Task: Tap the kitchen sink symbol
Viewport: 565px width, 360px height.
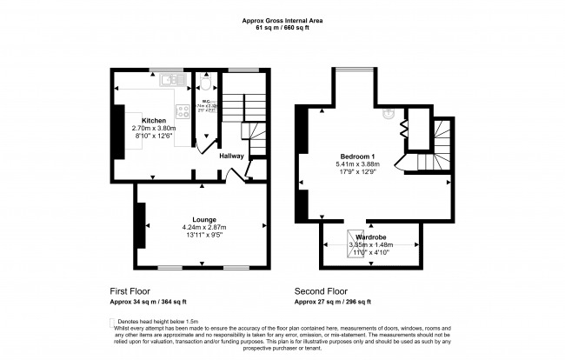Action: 167,81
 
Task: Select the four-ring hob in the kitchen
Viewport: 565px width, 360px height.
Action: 183,110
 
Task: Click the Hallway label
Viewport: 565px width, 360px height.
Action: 231,157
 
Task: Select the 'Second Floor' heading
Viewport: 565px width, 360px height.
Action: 322,291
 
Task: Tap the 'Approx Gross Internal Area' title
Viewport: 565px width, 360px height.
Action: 282,20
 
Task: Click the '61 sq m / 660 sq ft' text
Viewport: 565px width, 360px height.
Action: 282,28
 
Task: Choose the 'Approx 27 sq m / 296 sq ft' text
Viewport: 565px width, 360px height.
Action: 333,302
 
